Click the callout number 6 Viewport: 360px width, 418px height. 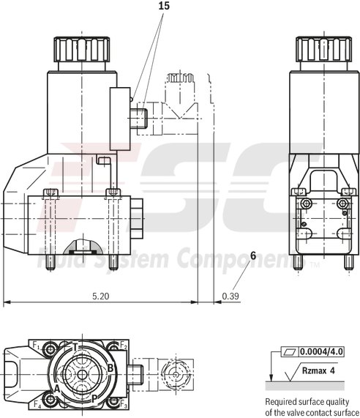tap(253, 255)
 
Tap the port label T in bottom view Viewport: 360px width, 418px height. tap(75, 346)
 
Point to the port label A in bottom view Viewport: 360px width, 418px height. tap(56, 389)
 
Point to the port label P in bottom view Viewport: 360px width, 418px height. tap(94, 399)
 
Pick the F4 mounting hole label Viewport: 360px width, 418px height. tap(35, 403)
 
